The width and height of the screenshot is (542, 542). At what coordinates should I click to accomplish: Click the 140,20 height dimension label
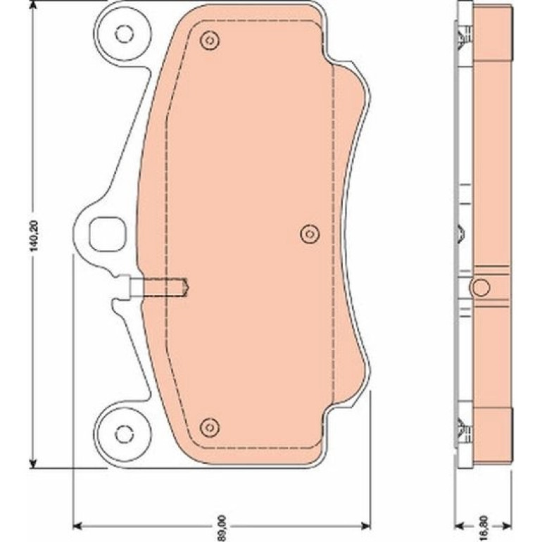(x=35, y=234)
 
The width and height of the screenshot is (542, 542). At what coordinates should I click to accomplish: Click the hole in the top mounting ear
(x=124, y=34)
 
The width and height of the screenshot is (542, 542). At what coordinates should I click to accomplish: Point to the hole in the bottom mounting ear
(x=124, y=434)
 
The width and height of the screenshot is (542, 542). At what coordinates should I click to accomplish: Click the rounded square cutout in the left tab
(x=108, y=234)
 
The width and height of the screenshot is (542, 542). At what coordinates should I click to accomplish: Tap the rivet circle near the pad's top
(x=210, y=41)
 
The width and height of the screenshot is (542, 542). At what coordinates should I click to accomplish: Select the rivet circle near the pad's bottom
(x=210, y=427)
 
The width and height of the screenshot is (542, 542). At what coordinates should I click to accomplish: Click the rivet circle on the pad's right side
(x=310, y=234)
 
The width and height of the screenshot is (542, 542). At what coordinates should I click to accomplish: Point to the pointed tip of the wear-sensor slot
(x=189, y=286)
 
